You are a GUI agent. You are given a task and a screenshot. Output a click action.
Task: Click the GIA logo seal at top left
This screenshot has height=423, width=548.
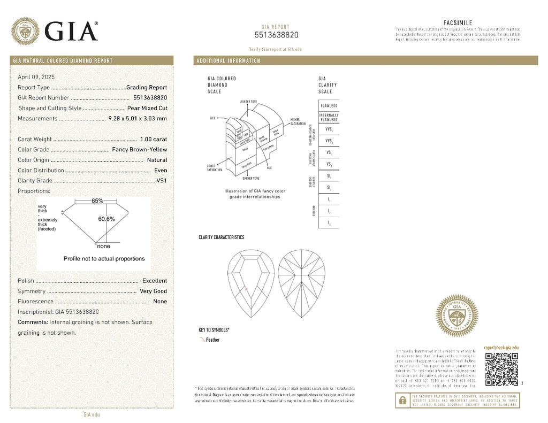25,31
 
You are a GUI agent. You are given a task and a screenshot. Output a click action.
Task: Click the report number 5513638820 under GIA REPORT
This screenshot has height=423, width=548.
276,35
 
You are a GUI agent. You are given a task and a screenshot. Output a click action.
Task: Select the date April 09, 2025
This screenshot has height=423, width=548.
36,77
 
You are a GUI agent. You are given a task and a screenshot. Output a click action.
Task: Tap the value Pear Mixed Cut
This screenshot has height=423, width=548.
147,108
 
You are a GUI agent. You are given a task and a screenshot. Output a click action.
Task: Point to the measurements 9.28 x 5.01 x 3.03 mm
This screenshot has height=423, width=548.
138,118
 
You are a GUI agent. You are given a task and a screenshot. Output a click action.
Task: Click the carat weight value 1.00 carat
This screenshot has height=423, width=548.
153,139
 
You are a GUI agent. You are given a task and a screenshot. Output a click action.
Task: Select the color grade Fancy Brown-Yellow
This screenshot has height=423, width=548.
139,150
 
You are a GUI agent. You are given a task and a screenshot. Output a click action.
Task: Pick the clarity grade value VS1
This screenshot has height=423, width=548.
162,181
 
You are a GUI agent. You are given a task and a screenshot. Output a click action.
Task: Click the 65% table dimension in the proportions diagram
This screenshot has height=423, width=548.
97,201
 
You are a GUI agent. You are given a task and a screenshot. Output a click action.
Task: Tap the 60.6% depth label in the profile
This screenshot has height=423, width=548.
106,219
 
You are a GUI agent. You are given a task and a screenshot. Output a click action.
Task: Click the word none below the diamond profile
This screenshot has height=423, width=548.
103,247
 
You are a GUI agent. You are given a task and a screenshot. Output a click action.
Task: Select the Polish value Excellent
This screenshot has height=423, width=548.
155,281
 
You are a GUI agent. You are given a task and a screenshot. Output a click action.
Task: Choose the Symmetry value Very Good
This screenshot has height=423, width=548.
153,291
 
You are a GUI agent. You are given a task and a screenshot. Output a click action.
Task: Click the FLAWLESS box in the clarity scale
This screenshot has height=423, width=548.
329,106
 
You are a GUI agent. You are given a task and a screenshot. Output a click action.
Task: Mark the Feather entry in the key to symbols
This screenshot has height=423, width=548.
212,340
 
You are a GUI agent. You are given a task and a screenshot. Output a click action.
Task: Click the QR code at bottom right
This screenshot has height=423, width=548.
501,369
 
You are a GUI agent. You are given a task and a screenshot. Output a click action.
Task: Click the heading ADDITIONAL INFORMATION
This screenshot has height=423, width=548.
229,61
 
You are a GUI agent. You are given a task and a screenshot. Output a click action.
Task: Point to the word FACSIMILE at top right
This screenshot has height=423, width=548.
458,22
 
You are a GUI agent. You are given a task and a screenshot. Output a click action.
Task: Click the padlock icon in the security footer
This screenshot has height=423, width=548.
401,399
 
